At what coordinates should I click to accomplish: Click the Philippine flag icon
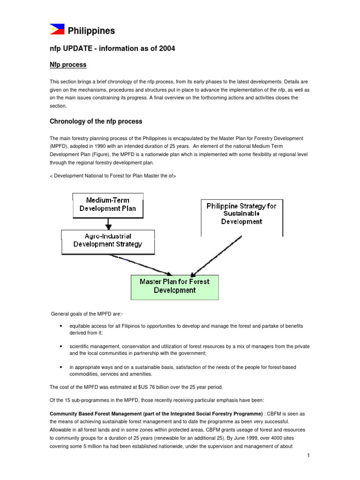click(x=57, y=30)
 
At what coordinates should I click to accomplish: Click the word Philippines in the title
click(x=91, y=31)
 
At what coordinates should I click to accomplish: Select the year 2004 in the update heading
click(x=166, y=49)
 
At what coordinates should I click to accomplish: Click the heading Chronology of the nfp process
click(x=96, y=121)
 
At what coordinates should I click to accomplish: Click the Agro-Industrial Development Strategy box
click(x=108, y=240)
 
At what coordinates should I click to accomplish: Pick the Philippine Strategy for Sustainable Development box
click(x=241, y=213)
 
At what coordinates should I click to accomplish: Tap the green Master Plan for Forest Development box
click(x=174, y=286)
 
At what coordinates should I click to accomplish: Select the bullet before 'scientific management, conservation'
click(x=62, y=346)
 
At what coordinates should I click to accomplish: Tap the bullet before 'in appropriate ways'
click(x=62, y=367)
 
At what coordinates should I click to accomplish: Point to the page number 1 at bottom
click(x=307, y=456)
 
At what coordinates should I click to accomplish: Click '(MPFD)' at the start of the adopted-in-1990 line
click(x=59, y=147)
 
